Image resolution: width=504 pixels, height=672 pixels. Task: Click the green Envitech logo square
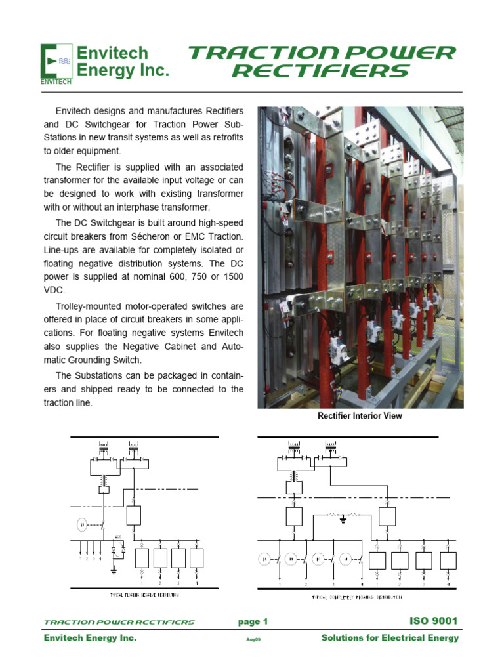tap(56, 63)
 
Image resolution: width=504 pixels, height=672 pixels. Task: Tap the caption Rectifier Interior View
tap(360, 416)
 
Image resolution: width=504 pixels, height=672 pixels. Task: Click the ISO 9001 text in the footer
tap(433, 621)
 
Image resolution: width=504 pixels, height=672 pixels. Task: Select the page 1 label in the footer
tap(253, 621)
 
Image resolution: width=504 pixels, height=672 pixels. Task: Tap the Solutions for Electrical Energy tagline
tap(390, 639)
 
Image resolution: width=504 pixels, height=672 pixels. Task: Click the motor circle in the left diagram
tap(82, 524)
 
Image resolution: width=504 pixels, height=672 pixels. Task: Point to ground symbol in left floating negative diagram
tap(114, 571)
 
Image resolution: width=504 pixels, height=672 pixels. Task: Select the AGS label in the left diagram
tap(118, 537)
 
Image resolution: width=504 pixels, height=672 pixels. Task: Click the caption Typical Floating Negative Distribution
tap(144, 595)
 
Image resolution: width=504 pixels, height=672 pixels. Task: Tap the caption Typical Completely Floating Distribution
tap(357, 598)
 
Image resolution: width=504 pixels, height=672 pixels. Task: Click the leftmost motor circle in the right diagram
tap(264, 559)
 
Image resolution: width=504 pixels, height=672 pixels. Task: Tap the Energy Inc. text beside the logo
tap(123, 71)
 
